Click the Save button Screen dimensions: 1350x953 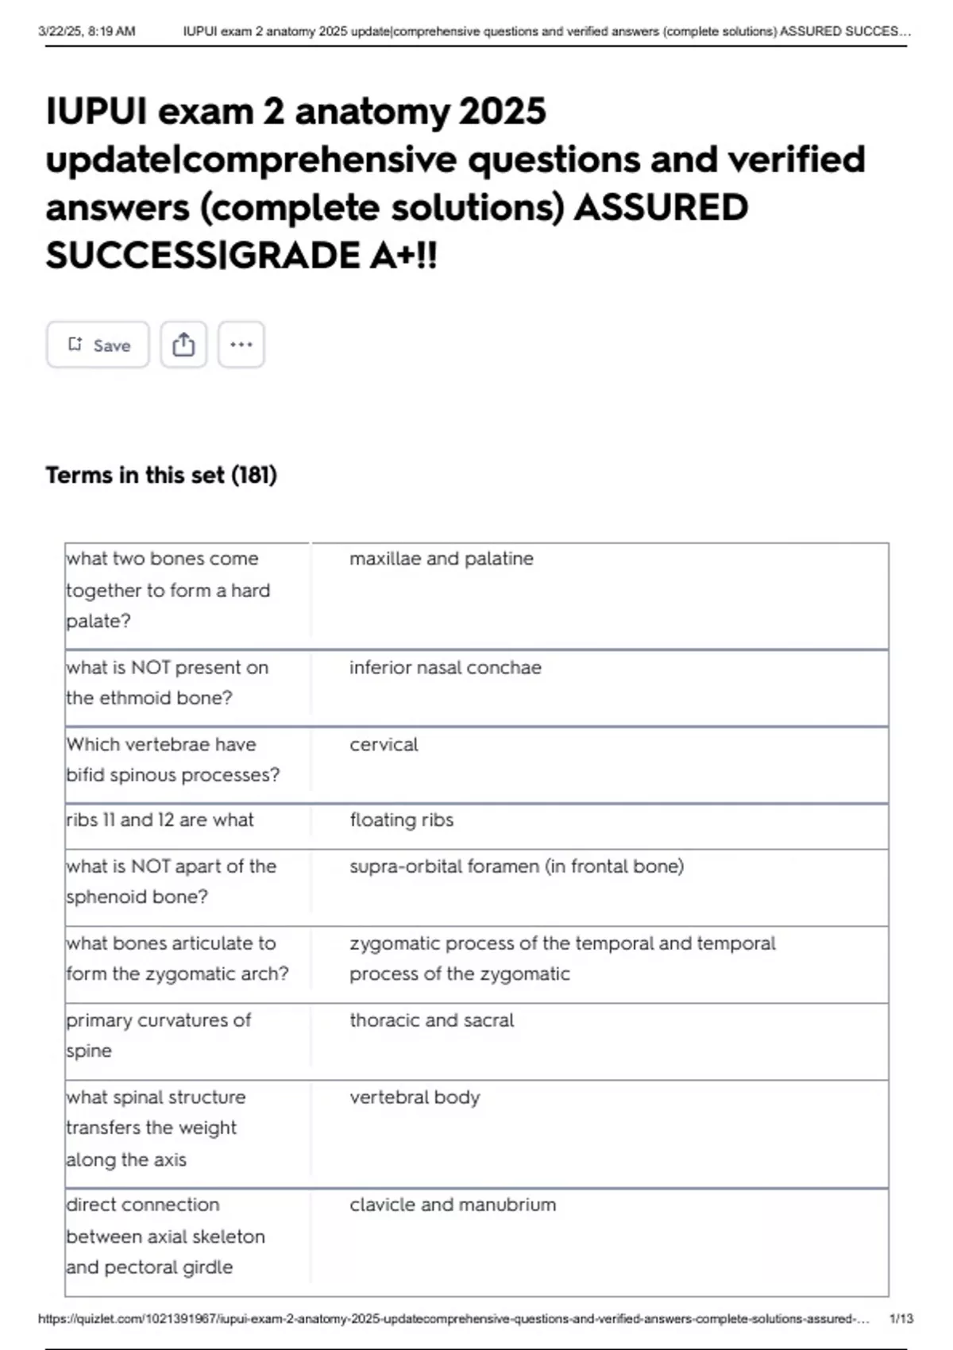click(x=98, y=345)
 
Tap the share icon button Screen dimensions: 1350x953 click(x=183, y=345)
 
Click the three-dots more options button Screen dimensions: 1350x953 click(x=241, y=345)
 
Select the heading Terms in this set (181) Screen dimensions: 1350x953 click(x=161, y=475)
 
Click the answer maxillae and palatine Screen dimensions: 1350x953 click(x=441, y=558)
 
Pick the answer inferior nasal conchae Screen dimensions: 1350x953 click(x=445, y=667)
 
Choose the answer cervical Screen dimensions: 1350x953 click(x=384, y=744)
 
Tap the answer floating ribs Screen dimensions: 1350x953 click(x=401, y=820)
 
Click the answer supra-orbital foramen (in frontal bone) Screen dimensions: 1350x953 click(x=516, y=866)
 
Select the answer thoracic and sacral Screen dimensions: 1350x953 click(x=431, y=1020)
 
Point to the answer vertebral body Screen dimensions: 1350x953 click(x=415, y=1097)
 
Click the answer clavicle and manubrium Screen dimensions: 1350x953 click(x=453, y=1204)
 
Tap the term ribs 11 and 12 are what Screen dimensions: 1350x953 click(x=160, y=820)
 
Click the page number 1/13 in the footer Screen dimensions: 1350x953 click(x=901, y=1318)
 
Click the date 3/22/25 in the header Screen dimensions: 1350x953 click(x=60, y=32)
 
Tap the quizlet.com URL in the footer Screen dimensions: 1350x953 click(x=453, y=1318)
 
